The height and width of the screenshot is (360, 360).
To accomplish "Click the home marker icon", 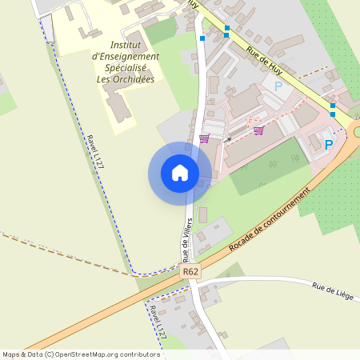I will click(180, 173).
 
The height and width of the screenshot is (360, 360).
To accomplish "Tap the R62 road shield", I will click(190, 272).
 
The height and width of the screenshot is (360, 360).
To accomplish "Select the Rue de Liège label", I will click(332, 292).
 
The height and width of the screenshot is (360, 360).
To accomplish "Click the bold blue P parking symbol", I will click(328, 145).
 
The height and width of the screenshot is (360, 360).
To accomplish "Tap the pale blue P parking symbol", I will click(278, 86).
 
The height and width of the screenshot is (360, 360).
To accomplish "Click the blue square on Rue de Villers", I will click(202, 38).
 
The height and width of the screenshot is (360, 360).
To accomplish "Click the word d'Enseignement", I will click(126, 56).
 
